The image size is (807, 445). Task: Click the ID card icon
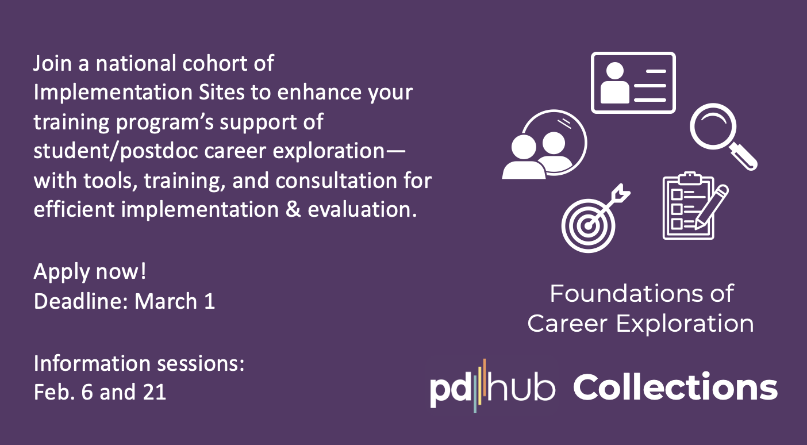(x=633, y=83)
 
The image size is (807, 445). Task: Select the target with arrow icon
(x=595, y=218)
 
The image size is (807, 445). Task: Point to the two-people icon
(x=544, y=145)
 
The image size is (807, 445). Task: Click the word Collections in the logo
(x=675, y=386)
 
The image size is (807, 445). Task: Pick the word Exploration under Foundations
(x=685, y=323)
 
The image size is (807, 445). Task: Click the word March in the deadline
(x=166, y=301)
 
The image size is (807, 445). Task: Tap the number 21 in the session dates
(x=155, y=392)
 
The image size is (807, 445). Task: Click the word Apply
(x=62, y=272)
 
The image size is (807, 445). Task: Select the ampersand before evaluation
(x=293, y=209)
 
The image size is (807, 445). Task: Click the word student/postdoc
(x=116, y=151)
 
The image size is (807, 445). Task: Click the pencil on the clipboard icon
(x=711, y=207)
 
